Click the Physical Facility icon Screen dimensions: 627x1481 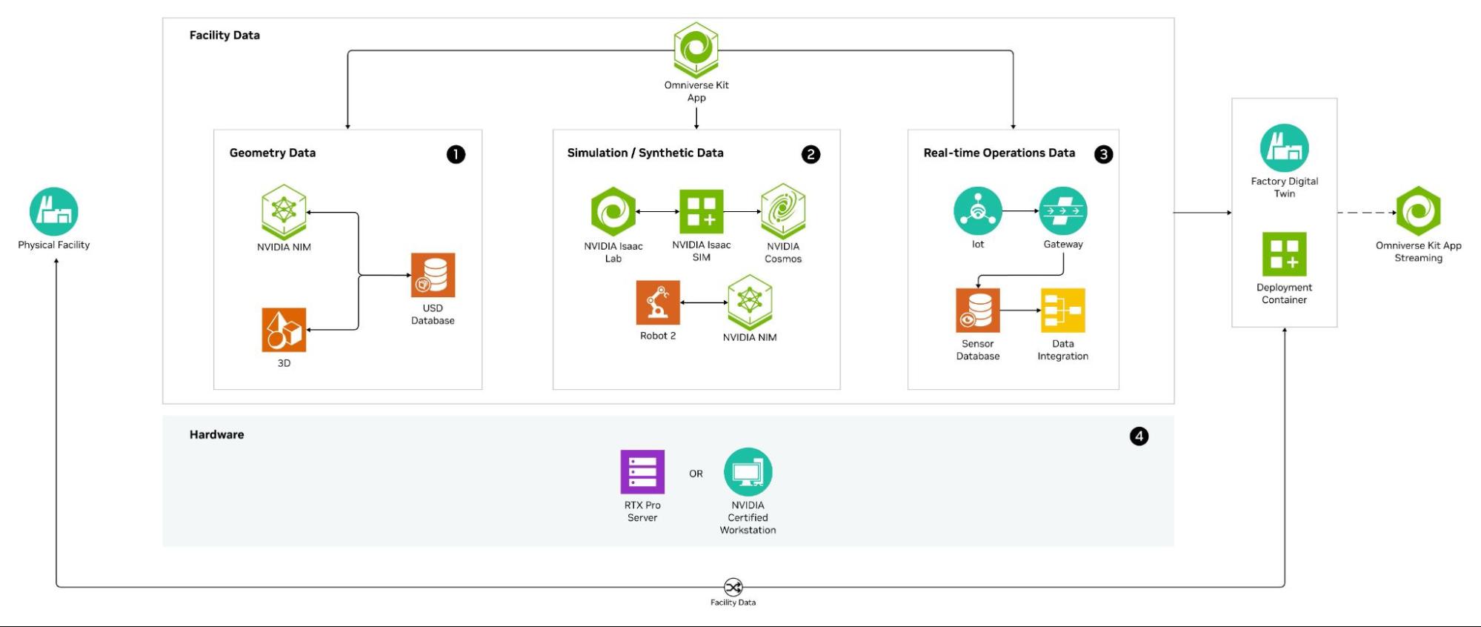click(x=54, y=211)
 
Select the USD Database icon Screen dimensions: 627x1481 click(x=433, y=275)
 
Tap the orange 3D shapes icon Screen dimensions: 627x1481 click(x=284, y=330)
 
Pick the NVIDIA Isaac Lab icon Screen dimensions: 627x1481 click(x=613, y=212)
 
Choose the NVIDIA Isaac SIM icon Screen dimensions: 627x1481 click(x=701, y=211)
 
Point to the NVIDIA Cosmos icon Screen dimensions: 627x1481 click(x=783, y=211)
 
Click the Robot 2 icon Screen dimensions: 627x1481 click(x=658, y=302)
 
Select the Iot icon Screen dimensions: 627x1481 click(x=978, y=211)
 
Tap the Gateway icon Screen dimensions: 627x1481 click(x=1063, y=211)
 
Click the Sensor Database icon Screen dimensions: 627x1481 click(x=978, y=310)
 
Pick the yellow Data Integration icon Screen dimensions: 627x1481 click(x=1063, y=310)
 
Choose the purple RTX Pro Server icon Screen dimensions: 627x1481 click(x=642, y=472)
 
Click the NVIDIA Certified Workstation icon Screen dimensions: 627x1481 click(x=748, y=472)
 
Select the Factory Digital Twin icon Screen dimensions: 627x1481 click(x=1285, y=148)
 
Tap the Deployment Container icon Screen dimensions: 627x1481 click(x=1285, y=254)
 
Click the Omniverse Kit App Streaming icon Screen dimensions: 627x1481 click(x=1418, y=212)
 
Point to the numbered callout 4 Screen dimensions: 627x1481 click(x=1139, y=437)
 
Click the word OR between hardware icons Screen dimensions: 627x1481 click(x=696, y=474)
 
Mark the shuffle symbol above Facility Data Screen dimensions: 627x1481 click(x=733, y=588)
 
